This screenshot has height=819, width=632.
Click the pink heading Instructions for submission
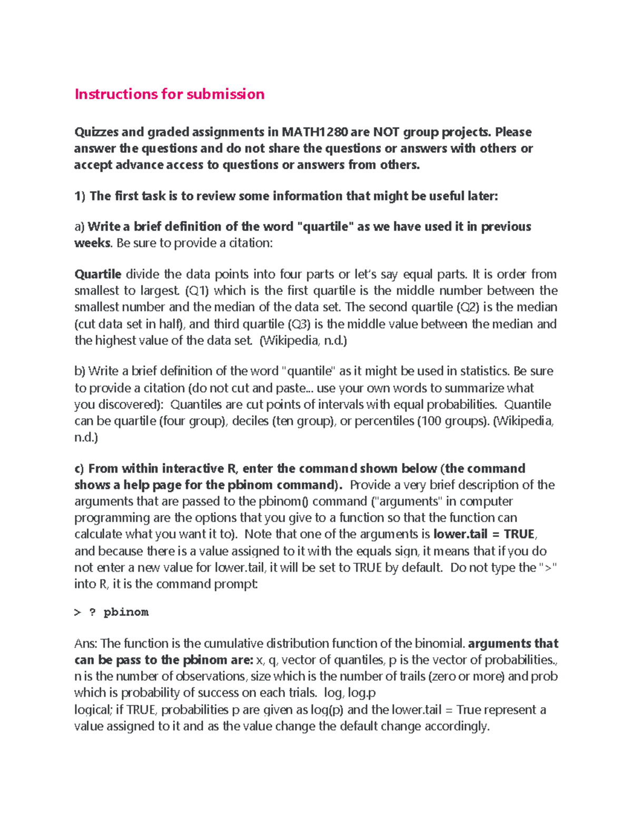point(169,94)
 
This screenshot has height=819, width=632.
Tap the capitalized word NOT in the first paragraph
point(386,132)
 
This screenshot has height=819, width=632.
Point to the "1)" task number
point(80,196)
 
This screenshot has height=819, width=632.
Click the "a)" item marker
point(79,227)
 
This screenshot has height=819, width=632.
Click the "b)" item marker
point(80,371)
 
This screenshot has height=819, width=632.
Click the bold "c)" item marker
point(79,469)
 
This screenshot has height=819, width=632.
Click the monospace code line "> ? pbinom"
point(111,612)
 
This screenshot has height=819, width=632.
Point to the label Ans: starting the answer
point(86,644)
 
